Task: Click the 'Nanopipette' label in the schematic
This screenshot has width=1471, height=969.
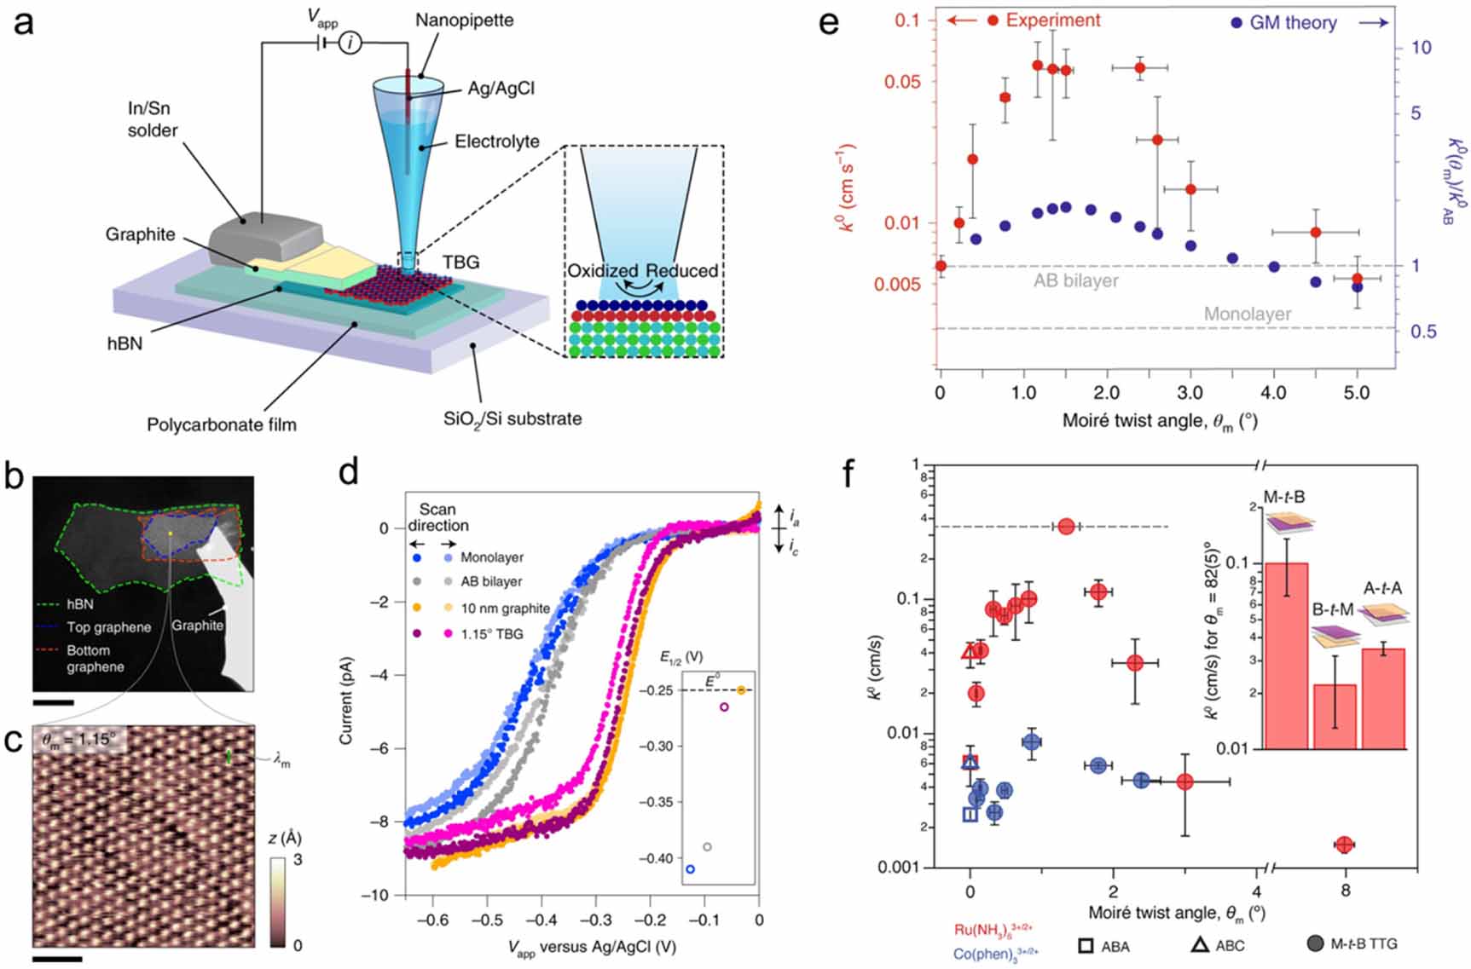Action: (x=464, y=20)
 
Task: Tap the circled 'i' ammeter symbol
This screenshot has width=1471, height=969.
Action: (x=350, y=42)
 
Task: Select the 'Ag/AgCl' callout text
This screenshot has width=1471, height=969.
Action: (x=501, y=89)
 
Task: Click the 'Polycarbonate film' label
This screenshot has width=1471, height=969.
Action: (x=222, y=424)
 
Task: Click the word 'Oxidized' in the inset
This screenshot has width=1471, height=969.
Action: (x=603, y=271)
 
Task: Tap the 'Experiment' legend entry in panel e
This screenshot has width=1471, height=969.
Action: (x=1052, y=20)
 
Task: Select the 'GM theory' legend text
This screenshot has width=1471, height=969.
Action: (x=1292, y=23)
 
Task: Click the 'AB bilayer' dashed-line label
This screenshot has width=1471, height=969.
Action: (x=1075, y=280)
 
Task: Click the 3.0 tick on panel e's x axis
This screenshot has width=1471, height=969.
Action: (x=1190, y=393)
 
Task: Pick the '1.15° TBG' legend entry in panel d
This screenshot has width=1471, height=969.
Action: (x=491, y=633)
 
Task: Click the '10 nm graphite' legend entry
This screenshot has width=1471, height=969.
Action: (x=505, y=608)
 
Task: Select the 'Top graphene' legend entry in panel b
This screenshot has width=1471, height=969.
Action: (x=108, y=627)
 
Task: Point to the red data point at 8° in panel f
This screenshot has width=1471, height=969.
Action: (x=1344, y=845)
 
